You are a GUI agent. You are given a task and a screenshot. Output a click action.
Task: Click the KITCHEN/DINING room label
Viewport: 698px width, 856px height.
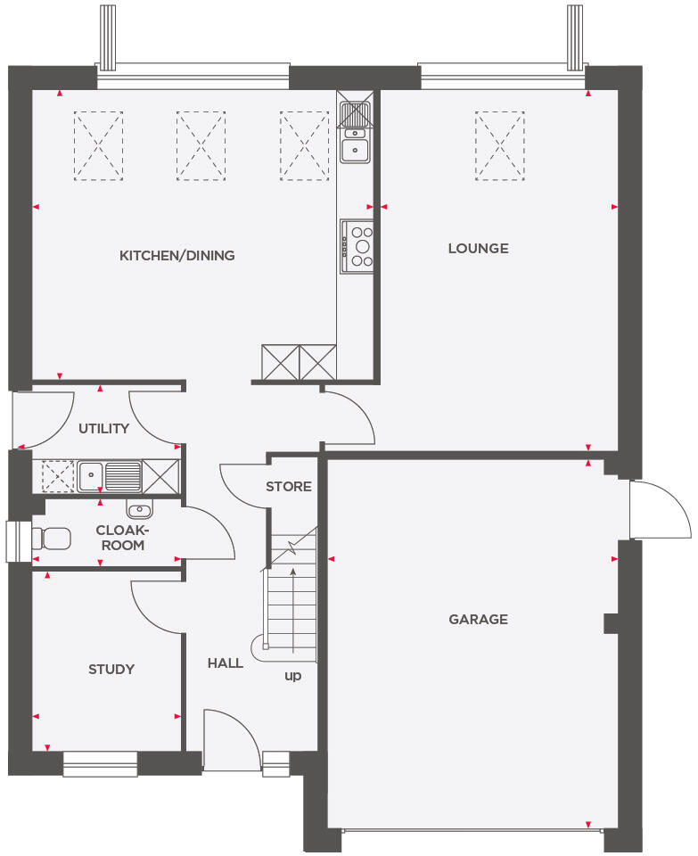coord(177,256)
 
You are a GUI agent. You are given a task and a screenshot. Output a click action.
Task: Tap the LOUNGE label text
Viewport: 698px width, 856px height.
coord(478,249)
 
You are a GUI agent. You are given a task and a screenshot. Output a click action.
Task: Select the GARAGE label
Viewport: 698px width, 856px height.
coord(478,619)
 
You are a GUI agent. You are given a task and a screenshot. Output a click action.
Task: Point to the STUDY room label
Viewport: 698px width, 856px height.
coord(111,669)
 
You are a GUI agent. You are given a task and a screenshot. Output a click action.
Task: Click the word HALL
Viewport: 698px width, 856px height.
coord(225,663)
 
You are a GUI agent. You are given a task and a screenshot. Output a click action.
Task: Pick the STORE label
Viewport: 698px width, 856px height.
coord(289,487)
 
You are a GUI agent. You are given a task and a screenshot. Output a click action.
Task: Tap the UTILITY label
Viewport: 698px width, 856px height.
coord(103,429)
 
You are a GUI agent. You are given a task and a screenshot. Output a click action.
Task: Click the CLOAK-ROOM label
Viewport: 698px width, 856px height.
coord(119,538)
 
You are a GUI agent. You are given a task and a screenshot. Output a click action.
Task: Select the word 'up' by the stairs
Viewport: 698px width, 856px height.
coord(292,676)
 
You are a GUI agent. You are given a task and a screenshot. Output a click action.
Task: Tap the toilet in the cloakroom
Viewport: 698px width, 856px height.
coord(53,539)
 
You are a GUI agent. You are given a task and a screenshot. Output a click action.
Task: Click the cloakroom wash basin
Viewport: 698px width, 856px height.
coord(139,509)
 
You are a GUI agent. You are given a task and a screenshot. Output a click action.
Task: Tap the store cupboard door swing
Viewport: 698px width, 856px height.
coord(242,486)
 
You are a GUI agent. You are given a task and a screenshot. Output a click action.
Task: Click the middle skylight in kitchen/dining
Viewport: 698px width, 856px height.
coord(201,146)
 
